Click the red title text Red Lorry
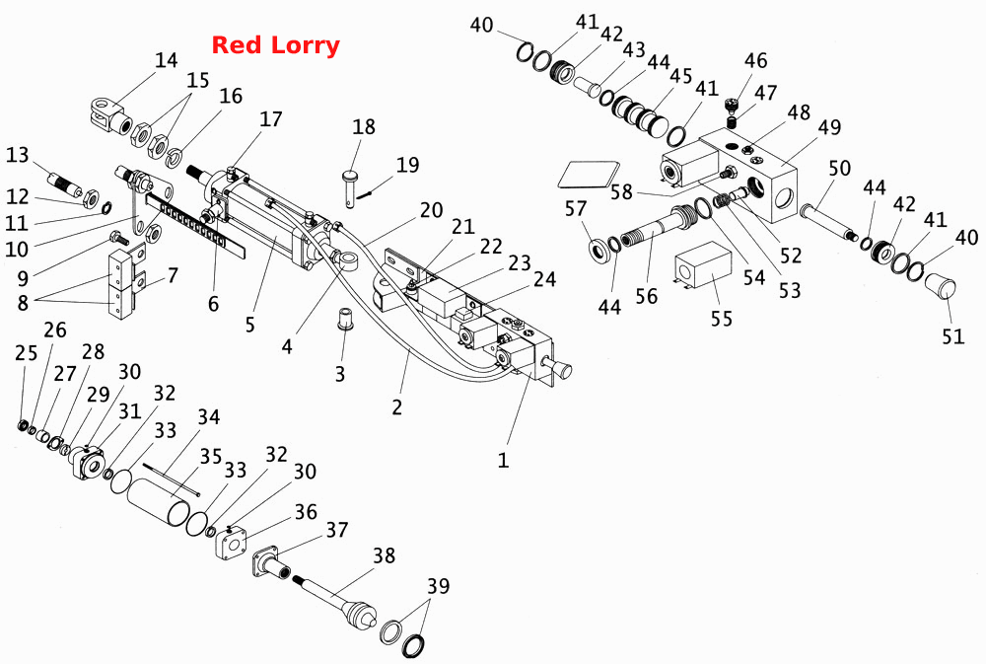pyautogui.click(x=275, y=45)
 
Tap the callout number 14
pyautogui.click(x=166, y=60)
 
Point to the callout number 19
pyautogui.click(x=407, y=165)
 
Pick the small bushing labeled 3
pyautogui.click(x=344, y=319)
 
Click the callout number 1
pyautogui.click(x=503, y=460)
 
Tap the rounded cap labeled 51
pyautogui.click(x=940, y=288)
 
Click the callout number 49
pyautogui.click(x=829, y=126)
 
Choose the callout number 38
pyautogui.click(x=384, y=555)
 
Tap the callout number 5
pyautogui.click(x=250, y=325)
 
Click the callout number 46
pyautogui.click(x=756, y=60)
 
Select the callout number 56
pyautogui.click(x=647, y=296)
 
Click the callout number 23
pyautogui.click(x=520, y=262)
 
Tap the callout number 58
pyautogui.click(x=622, y=191)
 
